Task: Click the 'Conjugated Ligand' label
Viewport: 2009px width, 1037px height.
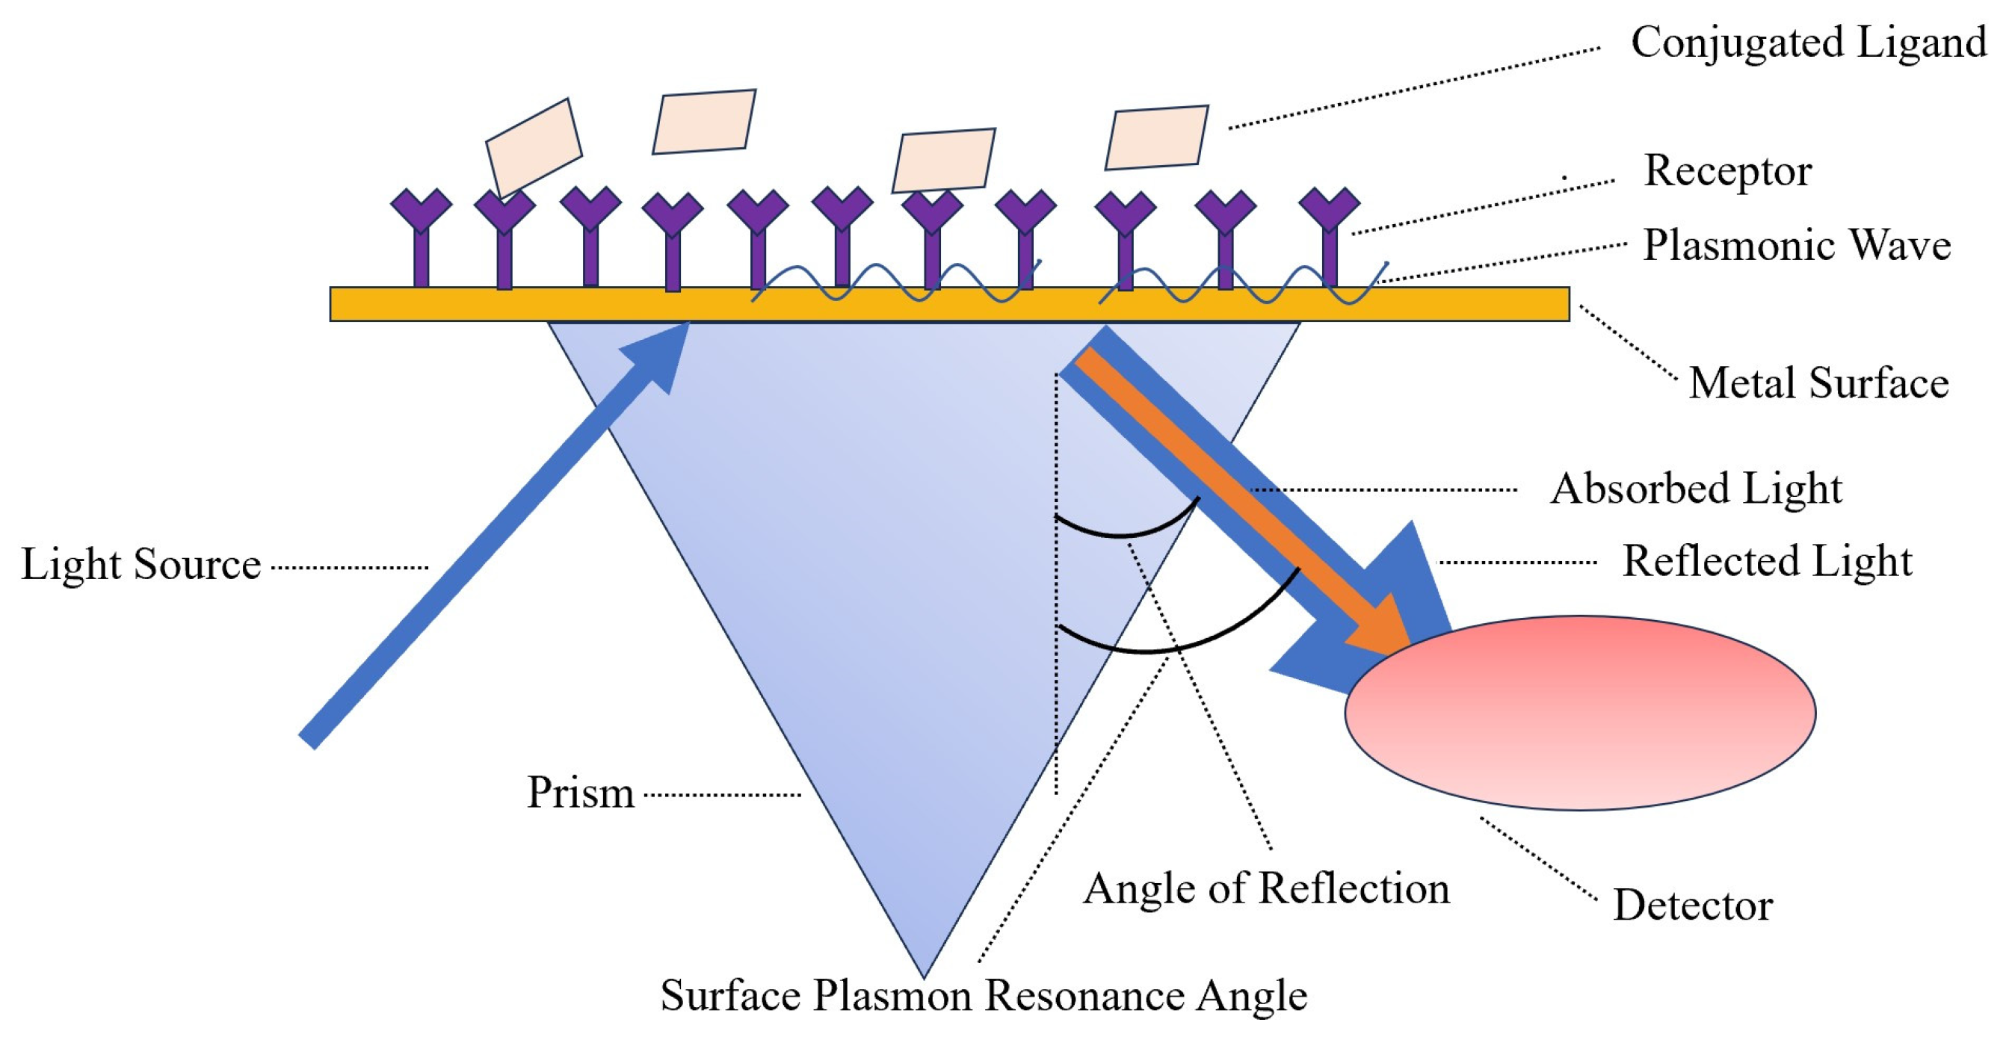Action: (1808, 43)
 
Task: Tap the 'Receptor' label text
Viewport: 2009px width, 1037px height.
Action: (1727, 172)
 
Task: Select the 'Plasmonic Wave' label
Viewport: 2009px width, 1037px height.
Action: (1797, 246)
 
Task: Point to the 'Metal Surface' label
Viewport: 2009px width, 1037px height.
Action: (1818, 383)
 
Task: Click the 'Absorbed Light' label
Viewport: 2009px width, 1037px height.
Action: (1696, 489)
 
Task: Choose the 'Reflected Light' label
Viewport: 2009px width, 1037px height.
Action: (1768, 561)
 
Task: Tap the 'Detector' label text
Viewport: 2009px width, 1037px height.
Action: (1693, 906)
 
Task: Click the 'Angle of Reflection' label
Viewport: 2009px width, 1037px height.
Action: (1267, 889)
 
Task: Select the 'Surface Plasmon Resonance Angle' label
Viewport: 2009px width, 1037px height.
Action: (984, 996)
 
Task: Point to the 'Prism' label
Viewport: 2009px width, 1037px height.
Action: (581, 793)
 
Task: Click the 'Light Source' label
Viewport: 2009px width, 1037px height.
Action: (141, 565)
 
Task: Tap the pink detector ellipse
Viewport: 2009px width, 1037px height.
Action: (1580, 713)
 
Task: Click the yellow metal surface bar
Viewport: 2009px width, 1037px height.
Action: (949, 304)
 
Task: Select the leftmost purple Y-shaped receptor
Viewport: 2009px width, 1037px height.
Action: (421, 238)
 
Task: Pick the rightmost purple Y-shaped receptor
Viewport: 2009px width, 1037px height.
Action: (1330, 238)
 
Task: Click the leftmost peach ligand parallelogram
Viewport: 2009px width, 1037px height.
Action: (534, 148)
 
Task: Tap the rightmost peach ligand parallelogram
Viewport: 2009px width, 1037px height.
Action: (1156, 137)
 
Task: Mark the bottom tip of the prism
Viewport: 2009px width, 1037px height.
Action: (923, 978)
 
